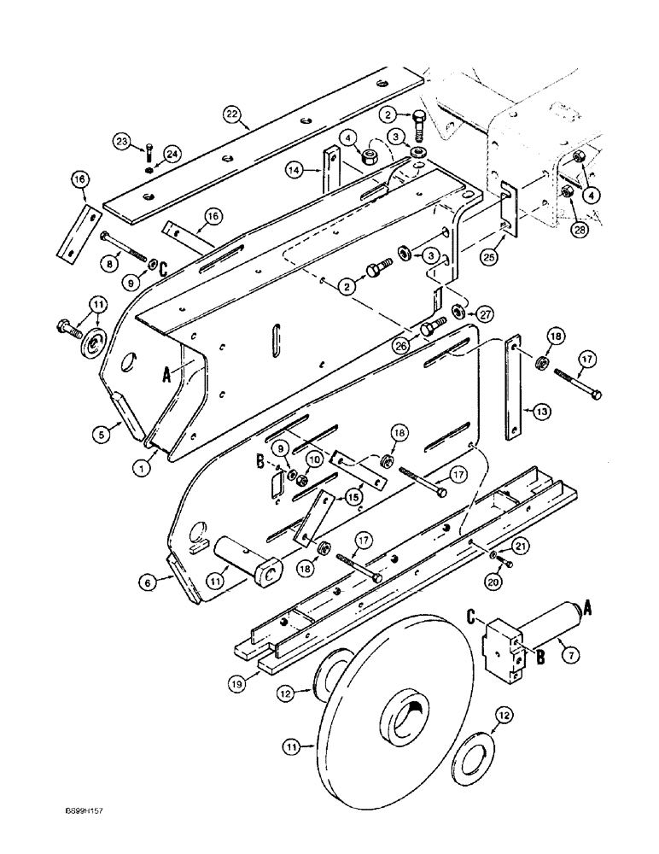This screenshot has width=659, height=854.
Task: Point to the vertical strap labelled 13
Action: pyautogui.click(x=512, y=389)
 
